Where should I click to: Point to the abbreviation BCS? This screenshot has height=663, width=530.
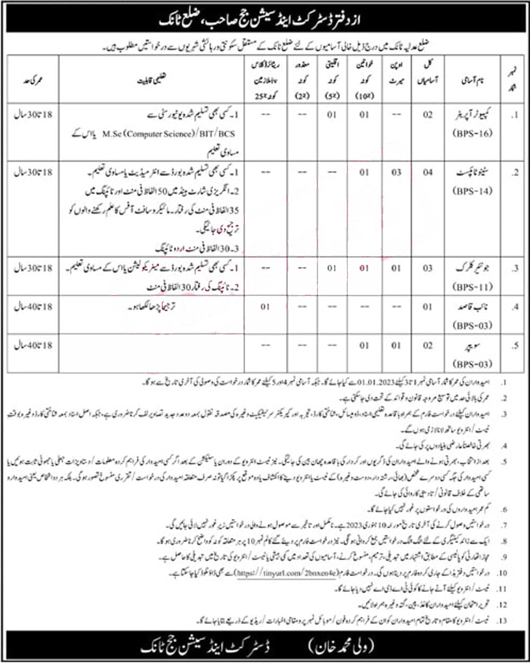226,134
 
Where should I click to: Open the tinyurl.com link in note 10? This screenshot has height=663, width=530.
286,573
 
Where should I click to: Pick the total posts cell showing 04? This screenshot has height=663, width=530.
427,172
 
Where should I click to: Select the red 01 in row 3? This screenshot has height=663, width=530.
364,268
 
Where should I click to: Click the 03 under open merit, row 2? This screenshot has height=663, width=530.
396,172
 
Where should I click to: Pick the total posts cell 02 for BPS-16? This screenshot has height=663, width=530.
427,114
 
